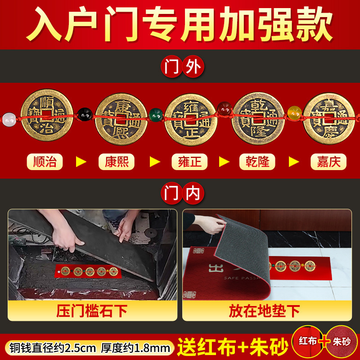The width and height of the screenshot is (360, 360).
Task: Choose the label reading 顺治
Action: (x=45, y=162)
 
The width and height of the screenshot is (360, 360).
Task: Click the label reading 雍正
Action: (x=190, y=162)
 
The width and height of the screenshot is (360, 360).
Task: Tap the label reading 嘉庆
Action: (x=328, y=162)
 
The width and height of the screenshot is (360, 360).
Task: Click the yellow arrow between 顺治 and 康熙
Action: (x=81, y=162)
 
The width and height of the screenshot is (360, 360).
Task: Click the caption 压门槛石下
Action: (x=92, y=311)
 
